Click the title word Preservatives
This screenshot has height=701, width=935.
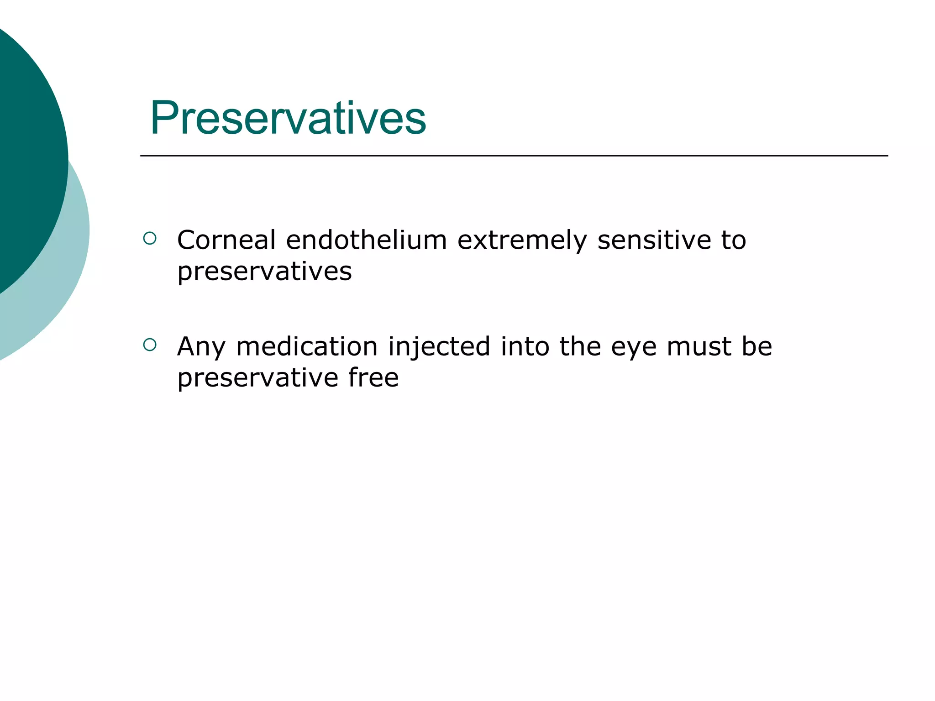coord(288,118)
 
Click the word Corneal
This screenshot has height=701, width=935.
coord(226,240)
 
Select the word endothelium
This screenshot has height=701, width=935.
coord(366,240)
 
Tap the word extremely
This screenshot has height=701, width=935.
coord(522,241)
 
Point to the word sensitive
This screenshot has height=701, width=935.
coord(654,240)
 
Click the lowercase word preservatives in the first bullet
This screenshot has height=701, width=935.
coord(264,272)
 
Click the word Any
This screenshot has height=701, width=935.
coord(201,347)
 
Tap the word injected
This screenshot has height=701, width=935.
coord(439,347)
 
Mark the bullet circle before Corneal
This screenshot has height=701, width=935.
coord(150,238)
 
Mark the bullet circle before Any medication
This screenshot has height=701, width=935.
coord(150,345)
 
